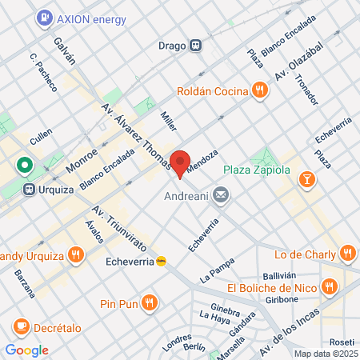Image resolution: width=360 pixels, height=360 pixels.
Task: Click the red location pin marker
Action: [180, 162]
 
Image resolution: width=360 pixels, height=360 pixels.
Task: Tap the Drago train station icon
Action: [194, 45]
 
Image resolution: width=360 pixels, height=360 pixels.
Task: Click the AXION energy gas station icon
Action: [46, 17]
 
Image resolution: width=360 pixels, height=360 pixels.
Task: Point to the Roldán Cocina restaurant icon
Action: [259, 90]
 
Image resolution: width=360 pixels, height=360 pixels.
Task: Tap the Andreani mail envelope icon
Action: [222, 194]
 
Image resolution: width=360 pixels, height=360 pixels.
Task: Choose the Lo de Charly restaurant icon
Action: [347, 254]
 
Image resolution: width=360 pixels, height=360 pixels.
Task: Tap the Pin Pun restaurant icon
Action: [149, 302]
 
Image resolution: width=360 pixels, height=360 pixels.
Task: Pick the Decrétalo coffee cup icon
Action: [21, 326]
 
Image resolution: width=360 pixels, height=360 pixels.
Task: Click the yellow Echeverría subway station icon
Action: [162, 260]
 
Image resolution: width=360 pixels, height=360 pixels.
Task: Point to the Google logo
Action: [26, 350]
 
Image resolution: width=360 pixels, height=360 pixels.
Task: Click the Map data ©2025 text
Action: [325, 354]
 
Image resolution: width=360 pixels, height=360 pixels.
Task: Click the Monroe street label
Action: [82, 152]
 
